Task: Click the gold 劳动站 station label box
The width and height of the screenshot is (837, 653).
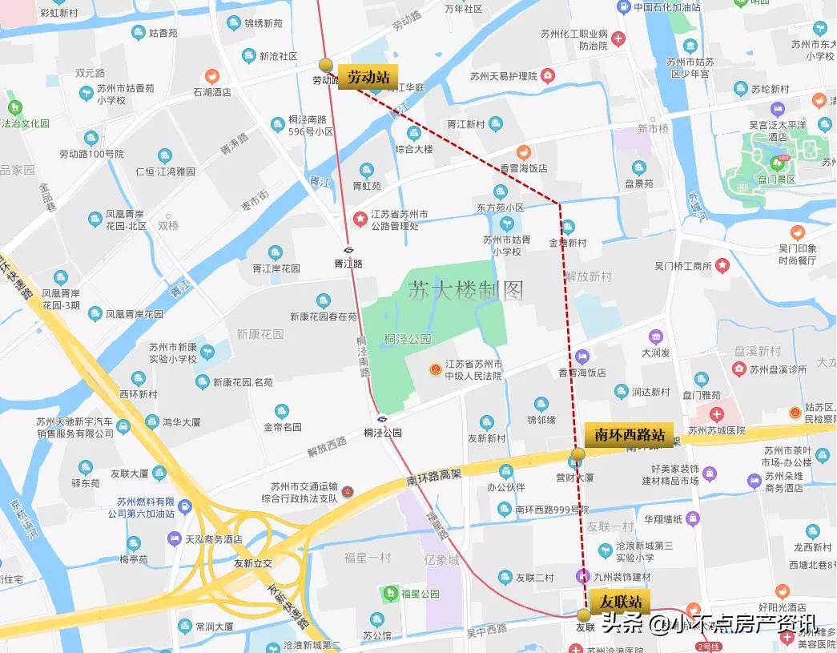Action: tap(368, 77)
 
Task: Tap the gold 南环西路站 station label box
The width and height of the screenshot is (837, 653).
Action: tap(630, 435)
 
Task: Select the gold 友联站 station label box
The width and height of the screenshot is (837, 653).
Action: tap(618, 601)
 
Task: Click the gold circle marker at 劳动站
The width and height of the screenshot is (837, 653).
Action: tap(326, 65)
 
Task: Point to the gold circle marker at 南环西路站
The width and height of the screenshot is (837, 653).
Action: tap(577, 454)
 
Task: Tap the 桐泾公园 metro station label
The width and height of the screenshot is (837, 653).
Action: tap(382, 432)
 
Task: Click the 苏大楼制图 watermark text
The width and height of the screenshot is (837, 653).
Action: tap(465, 290)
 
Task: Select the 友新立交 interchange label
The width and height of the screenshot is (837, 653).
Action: tap(253, 563)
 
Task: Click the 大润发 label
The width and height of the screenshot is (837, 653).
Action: tap(656, 352)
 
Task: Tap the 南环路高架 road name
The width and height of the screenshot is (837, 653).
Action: tap(433, 478)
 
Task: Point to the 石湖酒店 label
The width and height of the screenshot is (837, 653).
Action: tap(211, 92)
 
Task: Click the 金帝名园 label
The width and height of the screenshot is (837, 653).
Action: tap(281, 426)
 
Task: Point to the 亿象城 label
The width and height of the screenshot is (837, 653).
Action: tap(442, 560)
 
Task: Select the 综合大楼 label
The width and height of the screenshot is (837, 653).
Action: tap(413, 149)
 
